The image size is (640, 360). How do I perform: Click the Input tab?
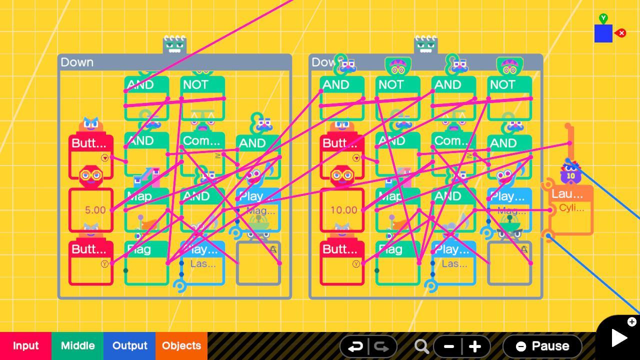(25, 345)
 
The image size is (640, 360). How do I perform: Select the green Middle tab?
(77, 345)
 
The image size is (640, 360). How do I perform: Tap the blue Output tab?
(129, 345)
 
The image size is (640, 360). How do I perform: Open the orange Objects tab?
(181, 345)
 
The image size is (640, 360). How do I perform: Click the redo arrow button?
(382, 346)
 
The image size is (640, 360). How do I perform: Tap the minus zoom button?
(448, 346)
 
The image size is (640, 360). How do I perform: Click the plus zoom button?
(475, 346)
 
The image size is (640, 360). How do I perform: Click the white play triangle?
(618, 338)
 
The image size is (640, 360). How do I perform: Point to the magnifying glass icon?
(421, 346)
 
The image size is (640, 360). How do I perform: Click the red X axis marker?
(621, 33)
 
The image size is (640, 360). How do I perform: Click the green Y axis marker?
(603, 18)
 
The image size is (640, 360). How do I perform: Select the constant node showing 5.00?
(91, 210)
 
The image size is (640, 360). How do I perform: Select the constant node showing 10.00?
(342, 210)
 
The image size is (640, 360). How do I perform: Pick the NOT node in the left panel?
(202, 97)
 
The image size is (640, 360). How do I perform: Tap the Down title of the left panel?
(77, 62)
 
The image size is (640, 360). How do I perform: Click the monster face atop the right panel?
(425, 45)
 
